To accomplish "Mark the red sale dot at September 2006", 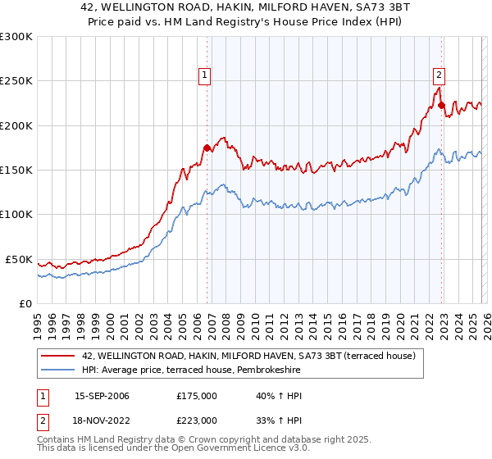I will (x=207, y=148).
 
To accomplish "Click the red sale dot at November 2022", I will (x=441, y=105).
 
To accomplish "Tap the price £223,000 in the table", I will (x=197, y=420).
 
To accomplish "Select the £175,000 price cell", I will (x=197, y=396).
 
